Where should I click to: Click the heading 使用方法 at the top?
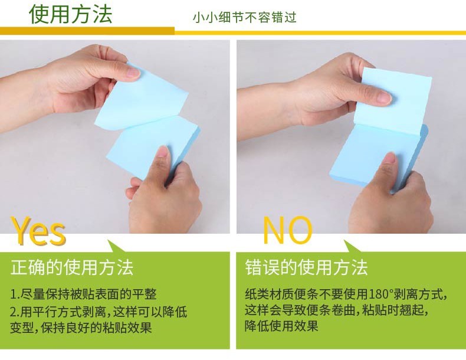pyautogui.click(x=70, y=14)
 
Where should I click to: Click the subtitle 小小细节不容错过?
pyautogui.click(x=245, y=17)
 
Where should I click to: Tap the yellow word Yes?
pyautogui.click(x=38, y=231)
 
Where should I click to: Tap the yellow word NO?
pyautogui.click(x=288, y=230)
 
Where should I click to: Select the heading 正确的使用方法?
pyautogui.click(x=72, y=267)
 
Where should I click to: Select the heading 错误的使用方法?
pyautogui.click(x=306, y=267)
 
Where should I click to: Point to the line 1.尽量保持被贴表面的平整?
pyautogui.click(x=83, y=294)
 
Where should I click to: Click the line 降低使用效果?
pyautogui.click(x=281, y=326)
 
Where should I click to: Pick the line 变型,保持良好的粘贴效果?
pyautogui.click(x=81, y=328)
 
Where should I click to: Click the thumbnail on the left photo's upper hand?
pyautogui.click(x=133, y=72)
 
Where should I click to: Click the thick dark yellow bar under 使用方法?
pyautogui.click(x=87, y=31)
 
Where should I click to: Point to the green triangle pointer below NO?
pyautogui.click(x=353, y=246)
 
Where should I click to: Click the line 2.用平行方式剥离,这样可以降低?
pyautogui.click(x=99, y=312)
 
